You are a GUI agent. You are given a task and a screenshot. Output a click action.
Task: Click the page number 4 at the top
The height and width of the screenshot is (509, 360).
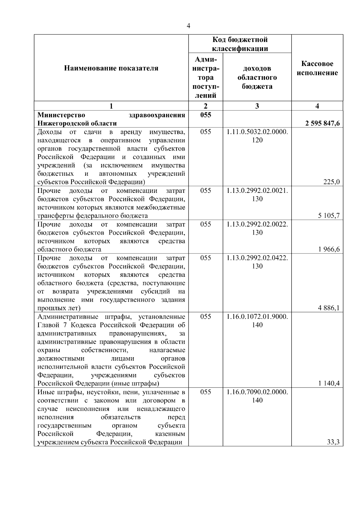coord(188,26)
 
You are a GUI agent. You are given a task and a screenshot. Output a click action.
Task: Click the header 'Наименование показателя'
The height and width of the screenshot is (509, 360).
coord(111,68)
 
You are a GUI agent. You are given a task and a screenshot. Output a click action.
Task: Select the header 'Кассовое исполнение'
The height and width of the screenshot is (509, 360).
coord(317,68)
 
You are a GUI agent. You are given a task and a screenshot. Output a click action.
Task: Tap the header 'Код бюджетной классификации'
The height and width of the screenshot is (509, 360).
coord(240,44)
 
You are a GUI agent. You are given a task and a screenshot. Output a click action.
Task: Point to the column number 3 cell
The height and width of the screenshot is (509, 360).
coord(257,106)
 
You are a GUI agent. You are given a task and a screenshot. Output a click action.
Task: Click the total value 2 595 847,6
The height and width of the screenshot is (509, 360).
coord(322,123)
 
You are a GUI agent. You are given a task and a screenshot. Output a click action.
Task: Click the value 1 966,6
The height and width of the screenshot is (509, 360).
coord(329,249)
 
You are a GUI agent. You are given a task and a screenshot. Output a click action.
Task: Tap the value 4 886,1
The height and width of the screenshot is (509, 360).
coord(329,308)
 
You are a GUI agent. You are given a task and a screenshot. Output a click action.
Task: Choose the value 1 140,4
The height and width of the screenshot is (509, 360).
coord(329,383)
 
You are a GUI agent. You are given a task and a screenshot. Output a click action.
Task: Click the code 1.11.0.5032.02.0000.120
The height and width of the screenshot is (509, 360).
coord(257,136)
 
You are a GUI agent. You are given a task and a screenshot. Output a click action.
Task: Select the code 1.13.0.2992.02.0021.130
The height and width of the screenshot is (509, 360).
coord(257,195)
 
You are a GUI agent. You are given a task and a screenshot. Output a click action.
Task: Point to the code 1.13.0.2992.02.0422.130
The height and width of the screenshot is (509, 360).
coord(257,262)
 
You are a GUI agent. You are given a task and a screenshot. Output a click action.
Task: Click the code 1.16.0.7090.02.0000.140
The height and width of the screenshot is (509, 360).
coord(257,396)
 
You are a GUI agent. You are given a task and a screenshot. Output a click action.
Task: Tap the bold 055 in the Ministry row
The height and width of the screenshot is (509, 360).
coord(205,115)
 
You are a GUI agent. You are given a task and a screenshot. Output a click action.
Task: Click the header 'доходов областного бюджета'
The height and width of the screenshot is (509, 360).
coord(257,77)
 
